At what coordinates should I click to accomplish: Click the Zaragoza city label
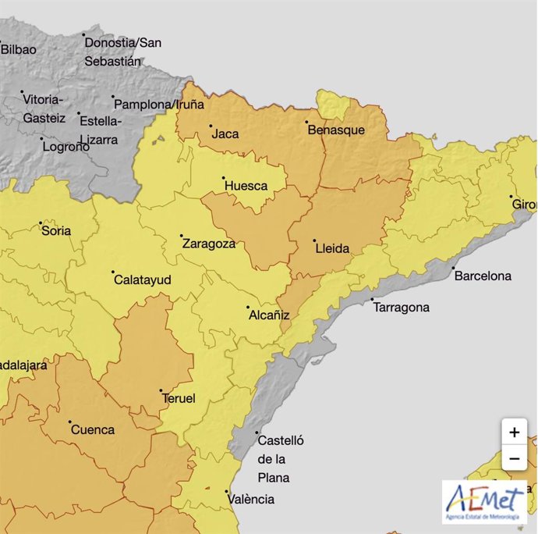[209, 244]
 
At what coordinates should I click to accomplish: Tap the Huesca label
[246, 186]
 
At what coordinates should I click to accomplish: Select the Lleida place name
[332, 249]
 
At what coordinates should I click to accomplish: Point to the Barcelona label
[483, 276]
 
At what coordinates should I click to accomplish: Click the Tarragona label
[402, 308]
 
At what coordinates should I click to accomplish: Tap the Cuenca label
[93, 429]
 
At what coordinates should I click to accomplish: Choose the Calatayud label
[142, 279]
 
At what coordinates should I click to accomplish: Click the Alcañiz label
[268, 315]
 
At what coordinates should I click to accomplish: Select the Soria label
[56, 231]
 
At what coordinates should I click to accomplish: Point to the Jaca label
[225, 134]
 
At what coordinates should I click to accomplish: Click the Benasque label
[336, 130]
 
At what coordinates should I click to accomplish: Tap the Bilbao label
[18, 49]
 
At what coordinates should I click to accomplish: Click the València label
[250, 499]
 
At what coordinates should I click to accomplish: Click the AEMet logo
[484, 502]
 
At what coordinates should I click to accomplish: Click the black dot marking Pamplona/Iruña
[113, 98]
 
